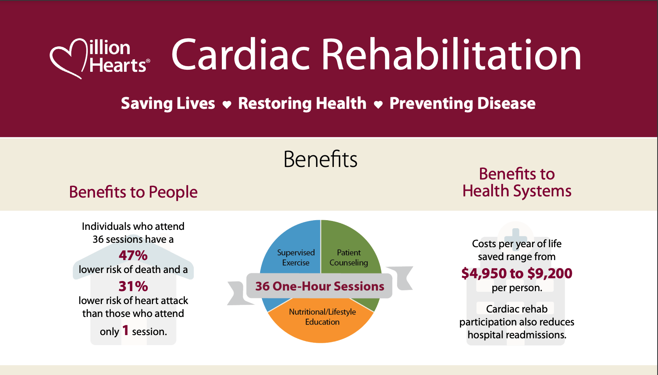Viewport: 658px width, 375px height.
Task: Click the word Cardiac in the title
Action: (x=240, y=55)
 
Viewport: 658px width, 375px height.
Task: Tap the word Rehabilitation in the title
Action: (x=451, y=54)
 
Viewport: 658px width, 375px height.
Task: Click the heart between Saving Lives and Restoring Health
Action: (x=227, y=104)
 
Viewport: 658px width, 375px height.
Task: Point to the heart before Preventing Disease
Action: (x=379, y=104)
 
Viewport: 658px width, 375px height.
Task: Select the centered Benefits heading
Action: (x=320, y=159)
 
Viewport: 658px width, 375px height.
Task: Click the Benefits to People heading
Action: (x=133, y=192)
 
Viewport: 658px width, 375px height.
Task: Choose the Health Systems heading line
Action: (x=517, y=191)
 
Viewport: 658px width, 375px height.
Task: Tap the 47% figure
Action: (x=133, y=255)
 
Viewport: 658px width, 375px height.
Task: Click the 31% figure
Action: (x=133, y=286)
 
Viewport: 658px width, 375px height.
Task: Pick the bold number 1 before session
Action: (x=125, y=330)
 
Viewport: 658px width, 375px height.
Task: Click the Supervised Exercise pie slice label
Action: (x=296, y=258)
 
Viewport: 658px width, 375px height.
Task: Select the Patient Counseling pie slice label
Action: (x=349, y=258)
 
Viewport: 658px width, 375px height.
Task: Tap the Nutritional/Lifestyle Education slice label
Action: (x=322, y=317)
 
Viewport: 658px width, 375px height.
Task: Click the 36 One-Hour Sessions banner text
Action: (x=320, y=286)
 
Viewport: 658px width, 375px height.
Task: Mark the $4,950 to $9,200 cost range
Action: (x=517, y=273)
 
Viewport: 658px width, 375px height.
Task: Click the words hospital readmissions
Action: (x=517, y=335)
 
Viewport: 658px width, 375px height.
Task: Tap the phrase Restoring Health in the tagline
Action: (x=302, y=104)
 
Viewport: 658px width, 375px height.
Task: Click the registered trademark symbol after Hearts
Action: (x=148, y=61)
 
